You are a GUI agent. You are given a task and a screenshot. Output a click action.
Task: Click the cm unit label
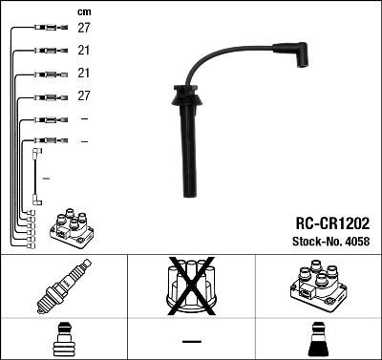coord(83,11)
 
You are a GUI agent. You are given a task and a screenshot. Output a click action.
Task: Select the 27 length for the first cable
coord(84,29)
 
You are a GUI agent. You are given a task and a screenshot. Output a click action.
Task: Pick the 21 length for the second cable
coord(84,52)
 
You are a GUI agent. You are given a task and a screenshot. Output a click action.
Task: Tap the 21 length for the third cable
coord(84,74)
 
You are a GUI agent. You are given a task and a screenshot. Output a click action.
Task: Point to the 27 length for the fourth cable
coord(84,96)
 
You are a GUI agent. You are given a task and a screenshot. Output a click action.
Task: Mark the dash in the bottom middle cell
coord(191,341)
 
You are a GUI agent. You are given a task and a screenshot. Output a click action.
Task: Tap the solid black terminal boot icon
coord(317,341)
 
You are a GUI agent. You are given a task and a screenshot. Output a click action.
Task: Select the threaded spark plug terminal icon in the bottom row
coord(63,341)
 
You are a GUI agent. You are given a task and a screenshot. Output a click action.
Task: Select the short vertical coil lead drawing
coord(36,176)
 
